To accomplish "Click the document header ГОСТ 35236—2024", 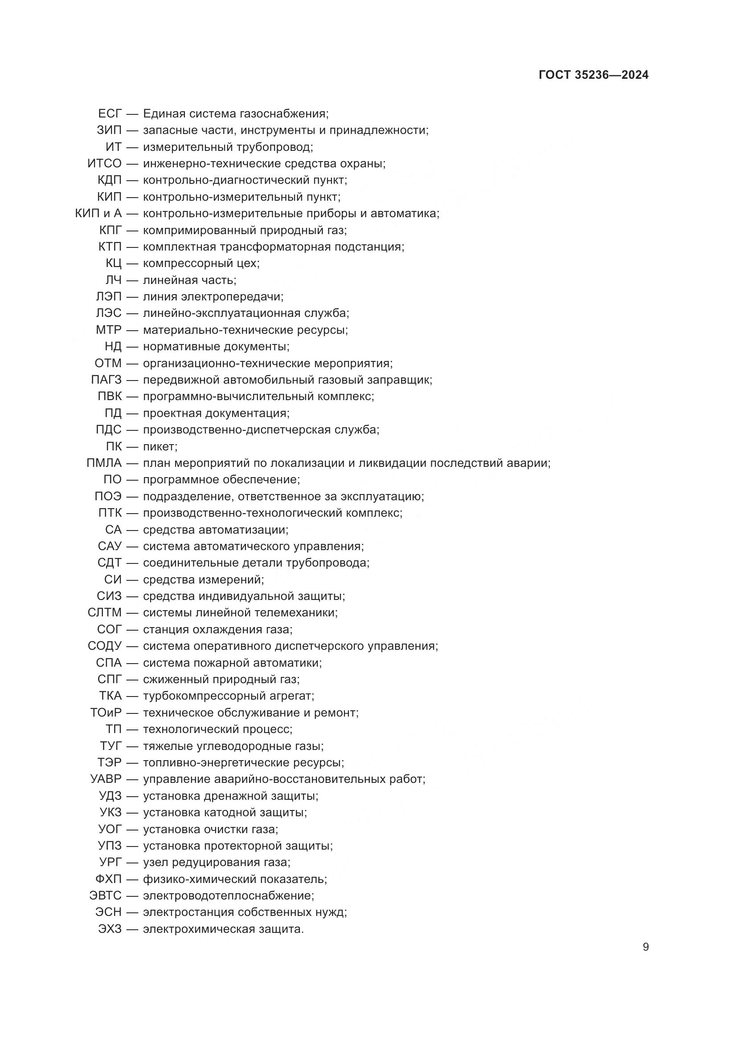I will (593, 75).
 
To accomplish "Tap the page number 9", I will (645, 947).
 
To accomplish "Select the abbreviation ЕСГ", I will (110, 113).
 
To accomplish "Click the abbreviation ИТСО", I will (104, 163).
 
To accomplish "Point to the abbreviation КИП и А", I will (98, 213).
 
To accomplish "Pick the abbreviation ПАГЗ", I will (106, 380).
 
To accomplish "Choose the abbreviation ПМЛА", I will (104, 463).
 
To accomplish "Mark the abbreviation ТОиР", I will (106, 712).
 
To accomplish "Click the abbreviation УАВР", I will (106, 779).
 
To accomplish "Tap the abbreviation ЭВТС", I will (105, 895).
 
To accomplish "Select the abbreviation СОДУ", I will (104, 646).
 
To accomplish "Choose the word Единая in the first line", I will (164, 113).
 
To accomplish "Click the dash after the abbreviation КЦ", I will (132, 263).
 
